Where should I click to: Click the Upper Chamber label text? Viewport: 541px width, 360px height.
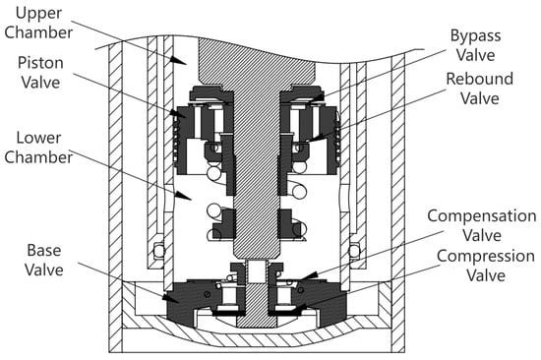click(x=38, y=23)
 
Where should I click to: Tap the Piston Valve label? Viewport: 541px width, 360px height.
click(x=40, y=73)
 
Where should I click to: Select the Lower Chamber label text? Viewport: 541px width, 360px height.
click(x=38, y=148)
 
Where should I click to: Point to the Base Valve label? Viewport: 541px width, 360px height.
click(x=44, y=260)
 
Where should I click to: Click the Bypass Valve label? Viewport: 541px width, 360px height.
click(x=475, y=45)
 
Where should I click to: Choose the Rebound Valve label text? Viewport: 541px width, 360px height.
click(x=480, y=89)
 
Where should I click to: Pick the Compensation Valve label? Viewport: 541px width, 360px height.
click(x=482, y=225)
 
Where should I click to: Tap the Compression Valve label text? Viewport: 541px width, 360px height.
click(x=486, y=266)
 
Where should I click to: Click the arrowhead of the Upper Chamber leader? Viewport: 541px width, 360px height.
click(x=178, y=59)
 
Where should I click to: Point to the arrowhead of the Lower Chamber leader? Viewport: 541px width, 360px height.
click(x=183, y=196)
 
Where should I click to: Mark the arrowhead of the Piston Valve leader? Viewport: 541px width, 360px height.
click(x=177, y=113)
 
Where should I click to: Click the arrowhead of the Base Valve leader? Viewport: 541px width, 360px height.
click(x=171, y=298)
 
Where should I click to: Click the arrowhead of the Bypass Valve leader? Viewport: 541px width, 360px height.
click(x=316, y=98)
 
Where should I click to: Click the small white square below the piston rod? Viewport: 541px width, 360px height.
click(x=257, y=270)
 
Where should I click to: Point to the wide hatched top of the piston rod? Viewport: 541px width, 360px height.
click(x=257, y=61)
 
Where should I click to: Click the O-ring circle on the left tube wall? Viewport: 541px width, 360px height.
click(x=158, y=250)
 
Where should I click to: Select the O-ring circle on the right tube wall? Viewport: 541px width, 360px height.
click(x=354, y=250)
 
